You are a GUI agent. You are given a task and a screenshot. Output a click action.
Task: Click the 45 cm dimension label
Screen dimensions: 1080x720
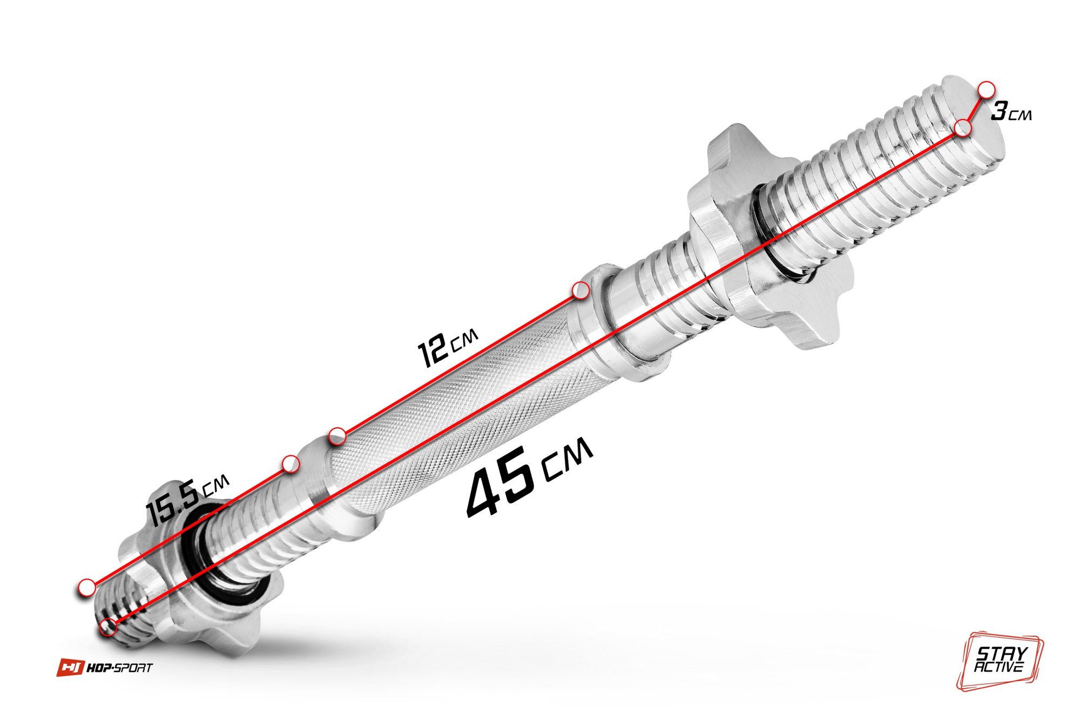[x=529, y=480]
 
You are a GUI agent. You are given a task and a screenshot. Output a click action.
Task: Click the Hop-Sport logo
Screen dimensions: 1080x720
[x=104, y=668]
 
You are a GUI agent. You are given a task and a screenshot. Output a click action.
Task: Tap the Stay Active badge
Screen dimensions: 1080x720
[x=1000, y=661]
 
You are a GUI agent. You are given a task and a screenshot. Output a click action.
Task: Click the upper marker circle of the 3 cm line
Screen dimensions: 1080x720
[x=986, y=90]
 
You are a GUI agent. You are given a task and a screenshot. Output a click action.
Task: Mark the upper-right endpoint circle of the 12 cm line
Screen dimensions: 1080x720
[x=581, y=290]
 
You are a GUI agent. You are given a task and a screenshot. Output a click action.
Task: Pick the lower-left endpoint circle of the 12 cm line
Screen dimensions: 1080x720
[x=337, y=435]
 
